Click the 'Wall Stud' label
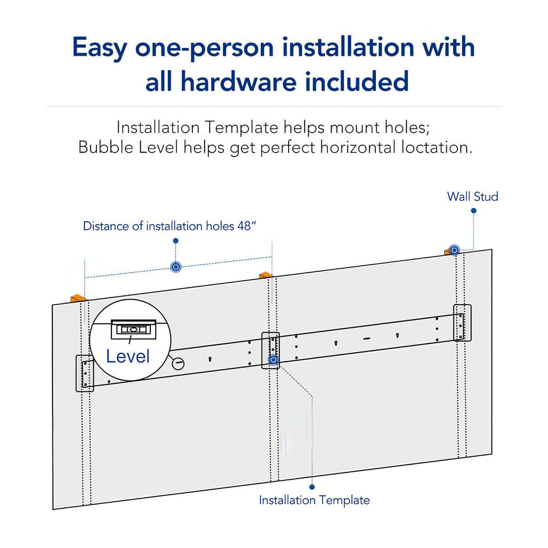472,197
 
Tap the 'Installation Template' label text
314,500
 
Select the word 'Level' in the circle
128,356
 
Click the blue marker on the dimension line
175,267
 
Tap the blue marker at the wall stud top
454,250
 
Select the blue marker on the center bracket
273,360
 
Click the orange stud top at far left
78,298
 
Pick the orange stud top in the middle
266,275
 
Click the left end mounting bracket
84,373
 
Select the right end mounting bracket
462,322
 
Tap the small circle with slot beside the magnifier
178,364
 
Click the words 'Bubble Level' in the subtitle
128,148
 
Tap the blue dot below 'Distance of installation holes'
176,241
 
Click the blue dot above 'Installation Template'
312,487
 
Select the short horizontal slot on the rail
366,338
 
